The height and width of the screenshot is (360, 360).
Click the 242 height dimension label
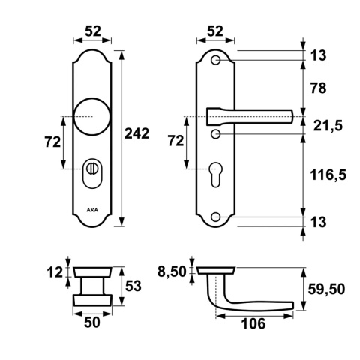[x=136, y=133]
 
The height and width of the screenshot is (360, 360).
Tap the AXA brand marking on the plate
[x=92, y=210]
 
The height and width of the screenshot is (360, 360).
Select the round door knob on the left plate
[x=92, y=117]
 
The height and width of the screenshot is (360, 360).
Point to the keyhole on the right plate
[x=216, y=175]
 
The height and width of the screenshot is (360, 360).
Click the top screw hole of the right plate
[x=215, y=61]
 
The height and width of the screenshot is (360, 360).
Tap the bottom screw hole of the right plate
[x=215, y=217]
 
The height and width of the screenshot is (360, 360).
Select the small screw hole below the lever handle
[x=215, y=134]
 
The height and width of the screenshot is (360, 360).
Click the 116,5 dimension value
[x=328, y=175]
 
